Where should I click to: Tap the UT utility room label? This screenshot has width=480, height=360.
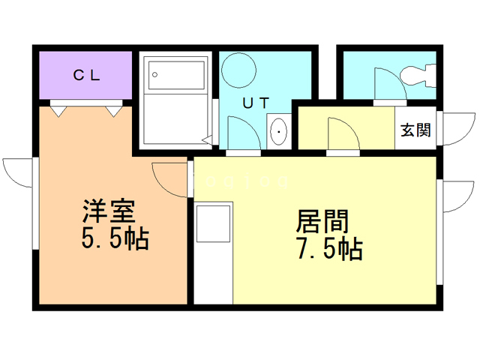[253, 103]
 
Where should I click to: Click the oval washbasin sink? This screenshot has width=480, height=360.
[279, 133]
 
